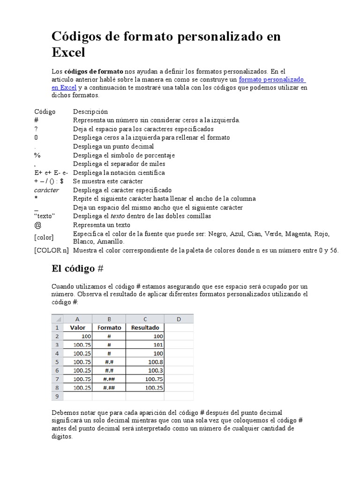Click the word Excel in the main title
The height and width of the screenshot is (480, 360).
(x=68, y=52)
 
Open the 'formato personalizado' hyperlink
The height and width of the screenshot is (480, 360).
(x=272, y=80)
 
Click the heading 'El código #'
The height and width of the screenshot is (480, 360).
(x=77, y=269)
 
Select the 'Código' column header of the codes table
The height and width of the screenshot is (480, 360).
(x=45, y=112)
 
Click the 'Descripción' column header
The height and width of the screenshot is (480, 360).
(x=90, y=112)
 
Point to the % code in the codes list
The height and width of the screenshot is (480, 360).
(x=37, y=155)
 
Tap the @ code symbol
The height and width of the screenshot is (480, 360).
(x=37, y=225)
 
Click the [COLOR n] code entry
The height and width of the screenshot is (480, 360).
(x=52, y=250)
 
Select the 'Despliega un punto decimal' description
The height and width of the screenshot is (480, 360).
(x=113, y=146)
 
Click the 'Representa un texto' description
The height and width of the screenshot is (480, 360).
(x=102, y=225)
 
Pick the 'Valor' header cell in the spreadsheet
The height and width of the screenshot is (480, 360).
(x=77, y=328)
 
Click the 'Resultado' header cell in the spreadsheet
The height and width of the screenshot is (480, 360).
(x=145, y=328)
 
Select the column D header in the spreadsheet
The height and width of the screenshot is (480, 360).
(x=179, y=319)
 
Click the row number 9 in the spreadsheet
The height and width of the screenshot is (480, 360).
(x=57, y=396)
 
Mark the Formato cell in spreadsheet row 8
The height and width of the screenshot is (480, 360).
(x=109, y=388)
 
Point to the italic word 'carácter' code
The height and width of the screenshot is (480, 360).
(x=46, y=190)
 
